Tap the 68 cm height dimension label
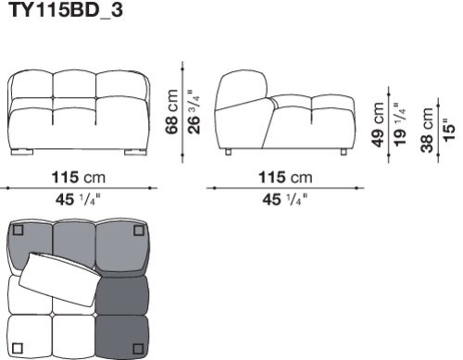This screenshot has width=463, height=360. pyautogui.click(x=172, y=112)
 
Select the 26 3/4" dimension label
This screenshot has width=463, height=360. pyautogui.click(x=194, y=112)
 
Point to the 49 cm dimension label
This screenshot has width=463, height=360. pyautogui.click(x=378, y=125)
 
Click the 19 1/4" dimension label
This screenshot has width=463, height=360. pyautogui.click(x=400, y=124)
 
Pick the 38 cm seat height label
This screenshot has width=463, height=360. pyautogui.click(x=427, y=130)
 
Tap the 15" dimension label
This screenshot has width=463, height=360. pyautogui.click(x=449, y=130)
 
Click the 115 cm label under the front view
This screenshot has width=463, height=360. pyautogui.click(x=79, y=178)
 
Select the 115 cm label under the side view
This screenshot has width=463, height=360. pyautogui.click(x=285, y=178)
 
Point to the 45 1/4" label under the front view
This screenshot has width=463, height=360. pyautogui.click(x=79, y=200)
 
